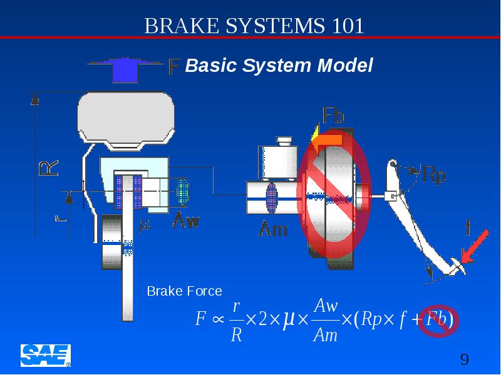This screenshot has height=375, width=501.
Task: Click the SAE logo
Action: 46,356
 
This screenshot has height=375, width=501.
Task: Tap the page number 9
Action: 465,359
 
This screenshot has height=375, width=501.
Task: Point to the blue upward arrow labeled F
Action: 125,69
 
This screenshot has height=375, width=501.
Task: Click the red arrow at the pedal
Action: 475,246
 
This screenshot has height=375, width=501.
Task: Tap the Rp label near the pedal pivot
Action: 434,174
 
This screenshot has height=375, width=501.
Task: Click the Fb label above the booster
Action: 333,115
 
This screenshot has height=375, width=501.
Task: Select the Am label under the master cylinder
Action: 273,229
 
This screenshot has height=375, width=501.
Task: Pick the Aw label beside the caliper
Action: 186,221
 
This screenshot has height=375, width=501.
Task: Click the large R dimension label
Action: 49,168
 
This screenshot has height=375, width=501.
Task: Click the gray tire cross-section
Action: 126,121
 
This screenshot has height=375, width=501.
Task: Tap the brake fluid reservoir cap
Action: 284,141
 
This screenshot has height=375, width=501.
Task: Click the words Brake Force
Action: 184,291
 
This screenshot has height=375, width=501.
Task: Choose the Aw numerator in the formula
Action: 326,306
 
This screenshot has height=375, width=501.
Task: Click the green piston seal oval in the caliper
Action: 183,192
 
